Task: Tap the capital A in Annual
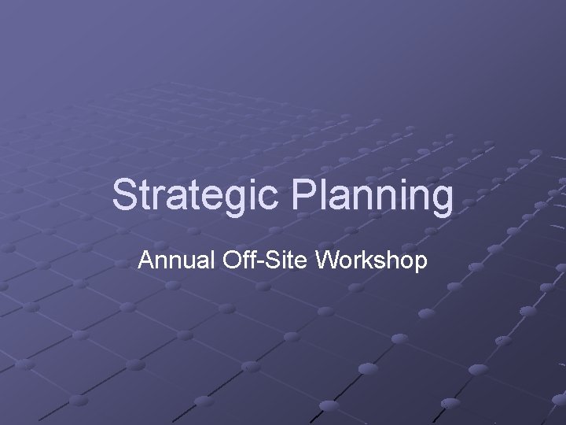(145, 260)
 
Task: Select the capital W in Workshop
(331, 260)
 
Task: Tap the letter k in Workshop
(372, 260)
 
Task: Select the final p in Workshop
(421, 264)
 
